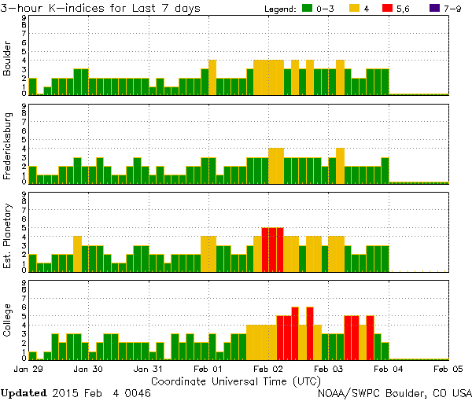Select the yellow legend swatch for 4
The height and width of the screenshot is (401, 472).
coord(355,9)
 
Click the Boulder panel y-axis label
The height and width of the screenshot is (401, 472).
coord(8,58)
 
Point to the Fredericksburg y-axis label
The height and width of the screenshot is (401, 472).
coord(8,146)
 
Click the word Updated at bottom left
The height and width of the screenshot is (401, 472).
coord(25,392)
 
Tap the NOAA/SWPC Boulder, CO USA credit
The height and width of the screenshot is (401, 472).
coord(394,392)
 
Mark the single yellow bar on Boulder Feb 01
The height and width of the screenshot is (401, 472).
coord(212,77)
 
